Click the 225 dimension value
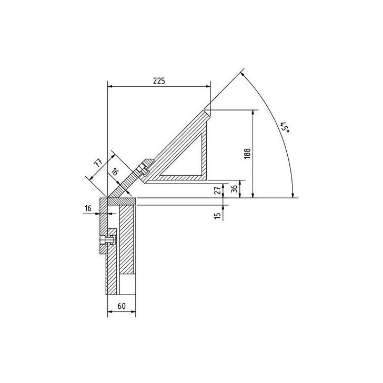[159, 80]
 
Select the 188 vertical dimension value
[247, 154]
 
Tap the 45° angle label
[285, 127]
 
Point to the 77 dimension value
[98, 163]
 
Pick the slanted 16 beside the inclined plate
[114, 172]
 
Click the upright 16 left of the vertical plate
[88, 208]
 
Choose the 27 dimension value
[219, 189]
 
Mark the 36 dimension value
[234, 188]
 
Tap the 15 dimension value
[217, 215]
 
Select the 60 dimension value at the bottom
[122, 306]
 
